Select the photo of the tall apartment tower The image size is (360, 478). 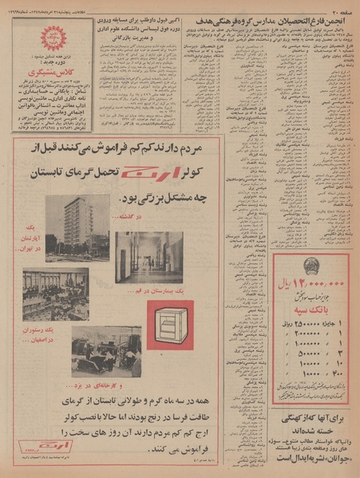click(x=66, y=226)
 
